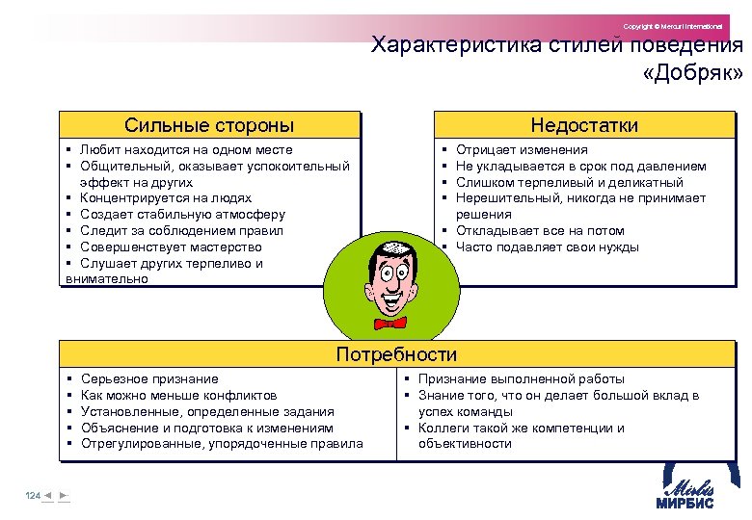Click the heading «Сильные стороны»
209,125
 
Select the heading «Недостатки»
584,125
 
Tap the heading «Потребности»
396,354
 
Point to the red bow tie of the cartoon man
389,322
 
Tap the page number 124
33,495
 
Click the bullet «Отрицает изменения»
522,150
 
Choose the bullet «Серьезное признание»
149,379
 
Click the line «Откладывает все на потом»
540,231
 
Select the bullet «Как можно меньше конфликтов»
179,396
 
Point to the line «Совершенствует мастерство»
172,247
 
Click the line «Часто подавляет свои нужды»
547,247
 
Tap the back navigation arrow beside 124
48,495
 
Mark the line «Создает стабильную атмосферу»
183,215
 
